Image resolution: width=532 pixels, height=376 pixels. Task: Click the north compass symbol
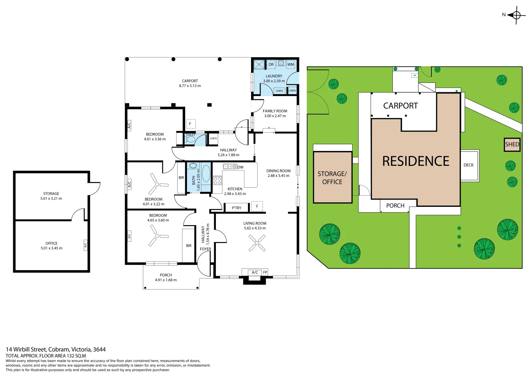(516, 15)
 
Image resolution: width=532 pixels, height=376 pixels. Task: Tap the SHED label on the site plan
(512, 144)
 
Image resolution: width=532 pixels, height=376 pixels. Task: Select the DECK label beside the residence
(468, 165)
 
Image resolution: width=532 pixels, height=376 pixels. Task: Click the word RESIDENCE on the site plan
(416, 161)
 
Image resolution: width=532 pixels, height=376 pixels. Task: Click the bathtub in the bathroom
(206, 173)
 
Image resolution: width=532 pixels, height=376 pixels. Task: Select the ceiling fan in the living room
(257, 243)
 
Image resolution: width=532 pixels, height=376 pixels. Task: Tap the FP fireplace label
(265, 272)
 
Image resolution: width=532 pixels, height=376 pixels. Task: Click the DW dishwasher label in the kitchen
(241, 167)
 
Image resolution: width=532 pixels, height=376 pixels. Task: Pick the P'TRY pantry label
(236, 208)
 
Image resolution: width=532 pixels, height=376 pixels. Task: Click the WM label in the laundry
(291, 64)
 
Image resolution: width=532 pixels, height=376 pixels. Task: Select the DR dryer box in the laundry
(271, 64)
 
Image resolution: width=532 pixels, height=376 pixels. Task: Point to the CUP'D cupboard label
(213, 139)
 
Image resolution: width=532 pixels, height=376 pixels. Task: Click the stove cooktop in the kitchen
(217, 180)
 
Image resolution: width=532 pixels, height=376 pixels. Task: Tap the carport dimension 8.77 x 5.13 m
(190, 86)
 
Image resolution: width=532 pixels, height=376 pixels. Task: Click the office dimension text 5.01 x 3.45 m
(52, 248)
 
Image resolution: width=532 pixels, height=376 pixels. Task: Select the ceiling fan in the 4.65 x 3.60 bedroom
(157, 236)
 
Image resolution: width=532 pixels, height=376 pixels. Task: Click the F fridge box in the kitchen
(257, 206)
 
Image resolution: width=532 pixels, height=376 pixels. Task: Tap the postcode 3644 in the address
(99, 349)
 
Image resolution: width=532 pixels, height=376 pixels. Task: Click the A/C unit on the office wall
(85, 245)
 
